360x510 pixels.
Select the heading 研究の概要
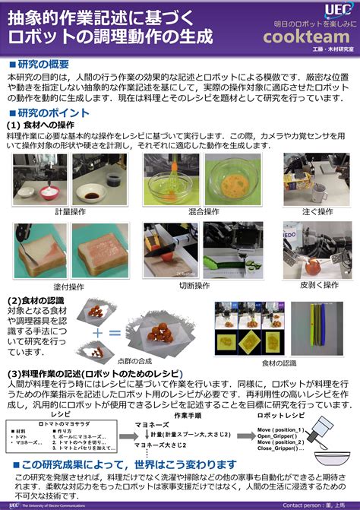(x=47, y=64)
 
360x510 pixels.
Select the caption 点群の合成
(x=156, y=361)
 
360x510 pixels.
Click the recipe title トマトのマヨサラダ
(x=47, y=422)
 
